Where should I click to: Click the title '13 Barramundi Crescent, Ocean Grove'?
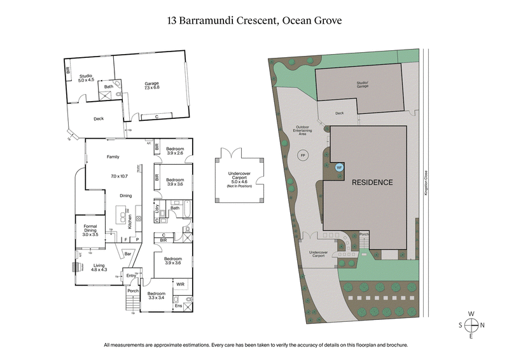[254, 20]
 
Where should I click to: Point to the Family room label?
[113, 156]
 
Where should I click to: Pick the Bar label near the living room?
[127, 254]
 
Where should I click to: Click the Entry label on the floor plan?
[132, 275]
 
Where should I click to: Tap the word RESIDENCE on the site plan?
[372, 182]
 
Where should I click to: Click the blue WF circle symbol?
[338, 168]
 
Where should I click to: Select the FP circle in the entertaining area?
[303, 155]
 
